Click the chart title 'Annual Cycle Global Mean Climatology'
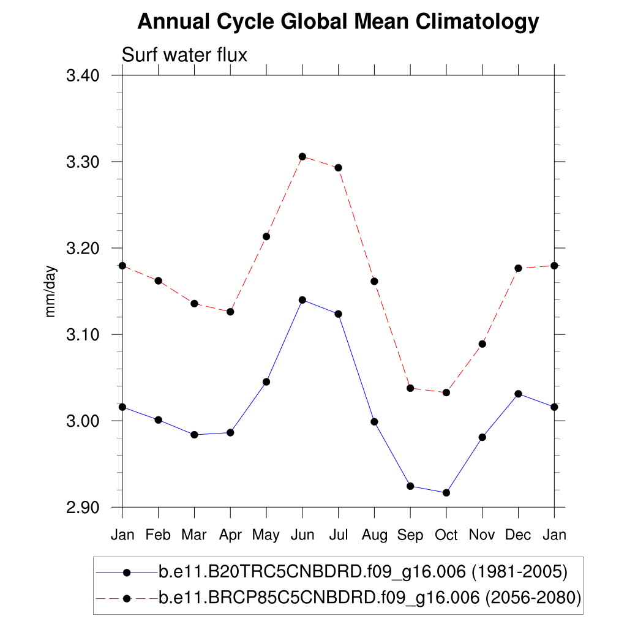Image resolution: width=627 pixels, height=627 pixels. (338, 22)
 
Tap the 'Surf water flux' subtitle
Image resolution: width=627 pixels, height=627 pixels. (184, 55)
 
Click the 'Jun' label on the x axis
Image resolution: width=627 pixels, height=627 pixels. (302, 535)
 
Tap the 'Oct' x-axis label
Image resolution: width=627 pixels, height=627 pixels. (446, 535)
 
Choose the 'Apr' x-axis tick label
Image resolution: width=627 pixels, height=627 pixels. (230, 535)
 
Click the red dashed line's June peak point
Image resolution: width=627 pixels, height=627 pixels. (302, 157)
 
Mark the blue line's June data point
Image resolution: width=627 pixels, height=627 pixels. (302, 300)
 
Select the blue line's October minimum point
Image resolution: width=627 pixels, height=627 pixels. (446, 493)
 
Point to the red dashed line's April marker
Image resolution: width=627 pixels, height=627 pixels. (230, 312)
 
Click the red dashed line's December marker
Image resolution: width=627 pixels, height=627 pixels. (519, 268)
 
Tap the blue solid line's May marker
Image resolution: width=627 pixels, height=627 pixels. (266, 382)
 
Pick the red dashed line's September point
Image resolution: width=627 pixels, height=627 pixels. (410, 388)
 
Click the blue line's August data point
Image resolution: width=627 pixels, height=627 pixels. (374, 422)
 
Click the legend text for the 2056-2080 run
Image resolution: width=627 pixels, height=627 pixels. (369, 598)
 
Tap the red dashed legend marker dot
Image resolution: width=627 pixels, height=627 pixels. (127, 598)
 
